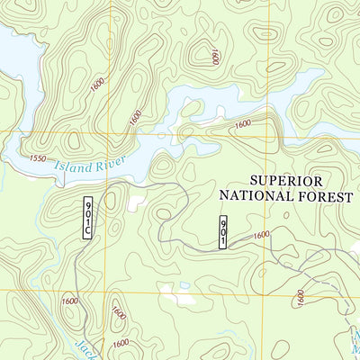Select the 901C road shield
pos(87,218)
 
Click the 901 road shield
pos(223,232)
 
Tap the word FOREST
pos(321,193)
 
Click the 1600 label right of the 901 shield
pos(260,235)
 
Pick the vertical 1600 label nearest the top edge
pos(216,57)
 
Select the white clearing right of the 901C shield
pos(135,203)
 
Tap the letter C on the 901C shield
pos(87,232)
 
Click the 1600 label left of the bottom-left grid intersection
pos(69,301)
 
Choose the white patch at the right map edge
pos(355,246)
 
